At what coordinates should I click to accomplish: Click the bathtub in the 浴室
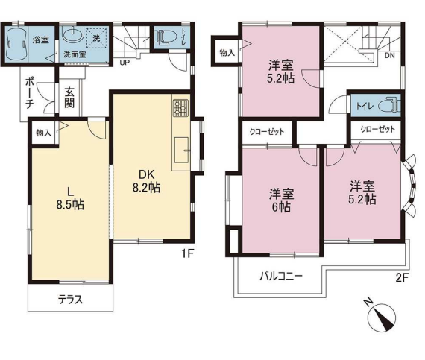pos(16,44)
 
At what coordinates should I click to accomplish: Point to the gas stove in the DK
pos(180,108)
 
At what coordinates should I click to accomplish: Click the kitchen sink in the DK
pos(181,150)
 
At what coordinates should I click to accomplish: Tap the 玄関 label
pos(69,98)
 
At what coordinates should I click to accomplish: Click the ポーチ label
pos(30,93)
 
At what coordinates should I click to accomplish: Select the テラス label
pos(70,300)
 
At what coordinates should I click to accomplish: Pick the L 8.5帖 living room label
pos(70,199)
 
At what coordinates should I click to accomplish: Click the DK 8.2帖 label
pos(146,181)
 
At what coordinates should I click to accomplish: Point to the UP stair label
pos(125,63)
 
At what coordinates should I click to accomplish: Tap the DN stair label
pos(390,56)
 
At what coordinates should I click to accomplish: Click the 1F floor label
pos(188,253)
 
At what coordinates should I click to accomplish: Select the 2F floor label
pos(402,278)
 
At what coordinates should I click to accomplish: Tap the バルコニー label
pos(281,277)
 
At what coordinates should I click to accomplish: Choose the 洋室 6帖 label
pos(281,200)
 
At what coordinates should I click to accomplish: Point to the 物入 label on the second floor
pos(227,53)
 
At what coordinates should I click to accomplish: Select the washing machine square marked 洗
pos(97,38)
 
